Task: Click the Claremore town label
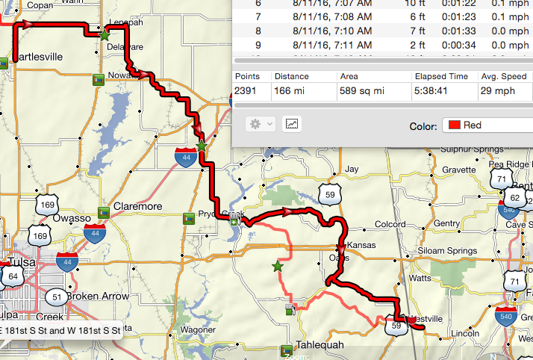pyautogui.click(x=137, y=206)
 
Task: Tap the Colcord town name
pyautogui.click(x=390, y=223)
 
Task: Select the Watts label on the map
pyautogui.click(x=420, y=278)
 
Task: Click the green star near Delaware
pyautogui.click(x=104, y=34)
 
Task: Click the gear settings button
pyautogui.click(x=261, y=123)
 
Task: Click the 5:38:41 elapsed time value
pyautogui.click(x=431, y=91)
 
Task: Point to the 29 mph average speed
pyautogui.click(x=494, y=91)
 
